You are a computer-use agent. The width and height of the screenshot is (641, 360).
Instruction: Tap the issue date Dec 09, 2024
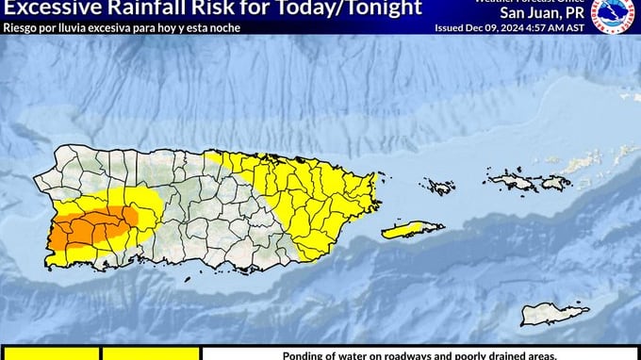click(x=504, y=28)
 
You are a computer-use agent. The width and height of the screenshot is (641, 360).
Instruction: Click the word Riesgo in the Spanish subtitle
click(x=21, y=26)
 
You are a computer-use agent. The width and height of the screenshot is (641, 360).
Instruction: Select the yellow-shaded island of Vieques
click(x=412, y=229)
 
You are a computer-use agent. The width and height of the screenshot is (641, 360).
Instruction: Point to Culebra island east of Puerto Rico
click(x=438, y=186)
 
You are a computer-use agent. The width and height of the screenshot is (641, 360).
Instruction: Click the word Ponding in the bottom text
click(x=306, y=355)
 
